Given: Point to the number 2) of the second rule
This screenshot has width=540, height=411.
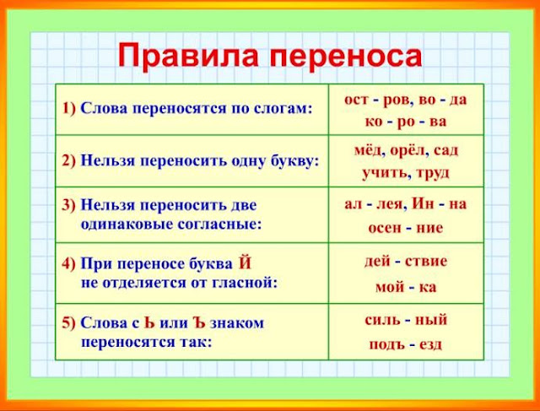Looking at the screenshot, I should [x=70, y=159].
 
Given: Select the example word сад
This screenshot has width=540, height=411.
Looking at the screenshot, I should [x=446, y=150].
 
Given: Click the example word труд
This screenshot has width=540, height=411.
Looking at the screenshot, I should [x=433, y=173].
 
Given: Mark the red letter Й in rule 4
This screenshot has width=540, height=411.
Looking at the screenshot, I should [x=245, y=262].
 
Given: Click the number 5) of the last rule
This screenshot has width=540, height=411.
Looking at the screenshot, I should [x=70, y=322].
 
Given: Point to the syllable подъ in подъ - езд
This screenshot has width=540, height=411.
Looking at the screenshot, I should [x=385, y=344].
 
